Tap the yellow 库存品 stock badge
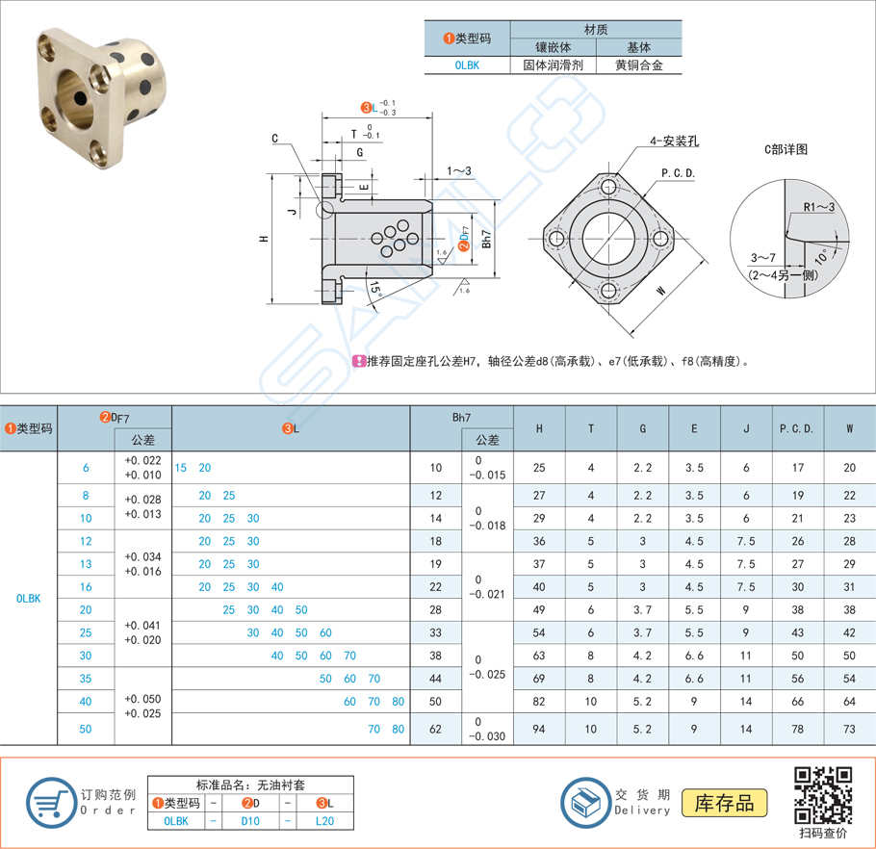pos(725,802)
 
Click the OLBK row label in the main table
pos(28,598)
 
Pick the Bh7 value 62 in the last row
pos(435,729)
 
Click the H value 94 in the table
pos(539,729)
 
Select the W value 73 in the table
pos(849,729)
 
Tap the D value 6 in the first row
pos(86,468)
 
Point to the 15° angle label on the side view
pos(374,288)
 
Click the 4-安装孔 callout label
pos(674,141)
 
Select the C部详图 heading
pos(786,149)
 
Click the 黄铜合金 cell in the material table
pos(637,65)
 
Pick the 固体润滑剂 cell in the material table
pos(553,65)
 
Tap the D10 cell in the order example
pos(250,821)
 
